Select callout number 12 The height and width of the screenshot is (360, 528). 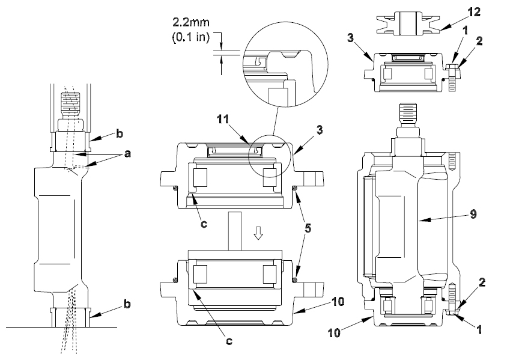(475, 11)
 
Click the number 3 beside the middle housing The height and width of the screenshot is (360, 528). (319, 130)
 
